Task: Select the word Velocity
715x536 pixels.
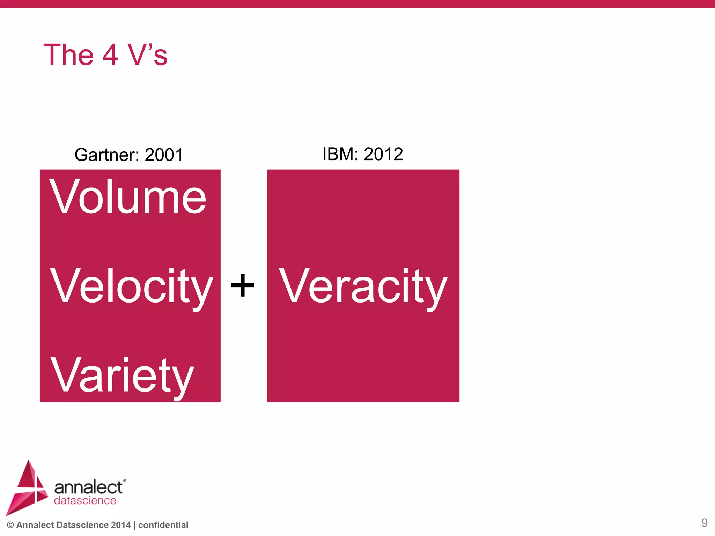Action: pos(131,286)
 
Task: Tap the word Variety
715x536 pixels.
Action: pos(122,376)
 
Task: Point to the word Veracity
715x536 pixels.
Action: pos(363,286)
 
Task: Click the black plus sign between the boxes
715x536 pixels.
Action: pos(243,285)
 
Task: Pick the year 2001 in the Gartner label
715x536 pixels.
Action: pos(164,155)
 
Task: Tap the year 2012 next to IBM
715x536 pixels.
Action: pos(383,154)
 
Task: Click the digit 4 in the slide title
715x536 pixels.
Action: pos(110,55)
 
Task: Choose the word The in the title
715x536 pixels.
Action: pos(68,55)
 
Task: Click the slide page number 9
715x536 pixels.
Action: pos(704,523)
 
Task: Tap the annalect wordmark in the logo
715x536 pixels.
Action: pos(88,487)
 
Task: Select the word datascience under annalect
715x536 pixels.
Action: pos(85,500)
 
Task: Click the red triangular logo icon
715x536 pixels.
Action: pos(27,489)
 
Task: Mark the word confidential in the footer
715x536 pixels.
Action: pos(163,525)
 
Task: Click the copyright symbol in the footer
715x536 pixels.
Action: pos(10,525)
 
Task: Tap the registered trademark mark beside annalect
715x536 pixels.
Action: pos(125,481)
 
